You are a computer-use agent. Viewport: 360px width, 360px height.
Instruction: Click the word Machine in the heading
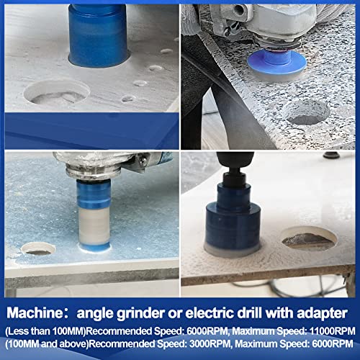(x=34, y=313)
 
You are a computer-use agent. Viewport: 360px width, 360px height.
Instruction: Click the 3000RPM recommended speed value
(x=210, y=343)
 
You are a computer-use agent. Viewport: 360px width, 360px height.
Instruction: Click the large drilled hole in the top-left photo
(x=57, y=92)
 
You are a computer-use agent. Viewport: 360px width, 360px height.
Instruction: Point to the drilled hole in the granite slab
(x=306, y=112)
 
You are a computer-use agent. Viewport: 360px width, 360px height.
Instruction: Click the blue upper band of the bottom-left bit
(x=94, y=194)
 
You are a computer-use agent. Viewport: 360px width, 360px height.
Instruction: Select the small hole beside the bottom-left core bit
(x=38, y=248)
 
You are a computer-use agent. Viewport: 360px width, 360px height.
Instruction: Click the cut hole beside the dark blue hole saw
(x=309, y=239)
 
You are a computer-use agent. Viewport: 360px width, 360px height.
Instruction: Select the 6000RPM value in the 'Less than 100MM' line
(x=207, y=331)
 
